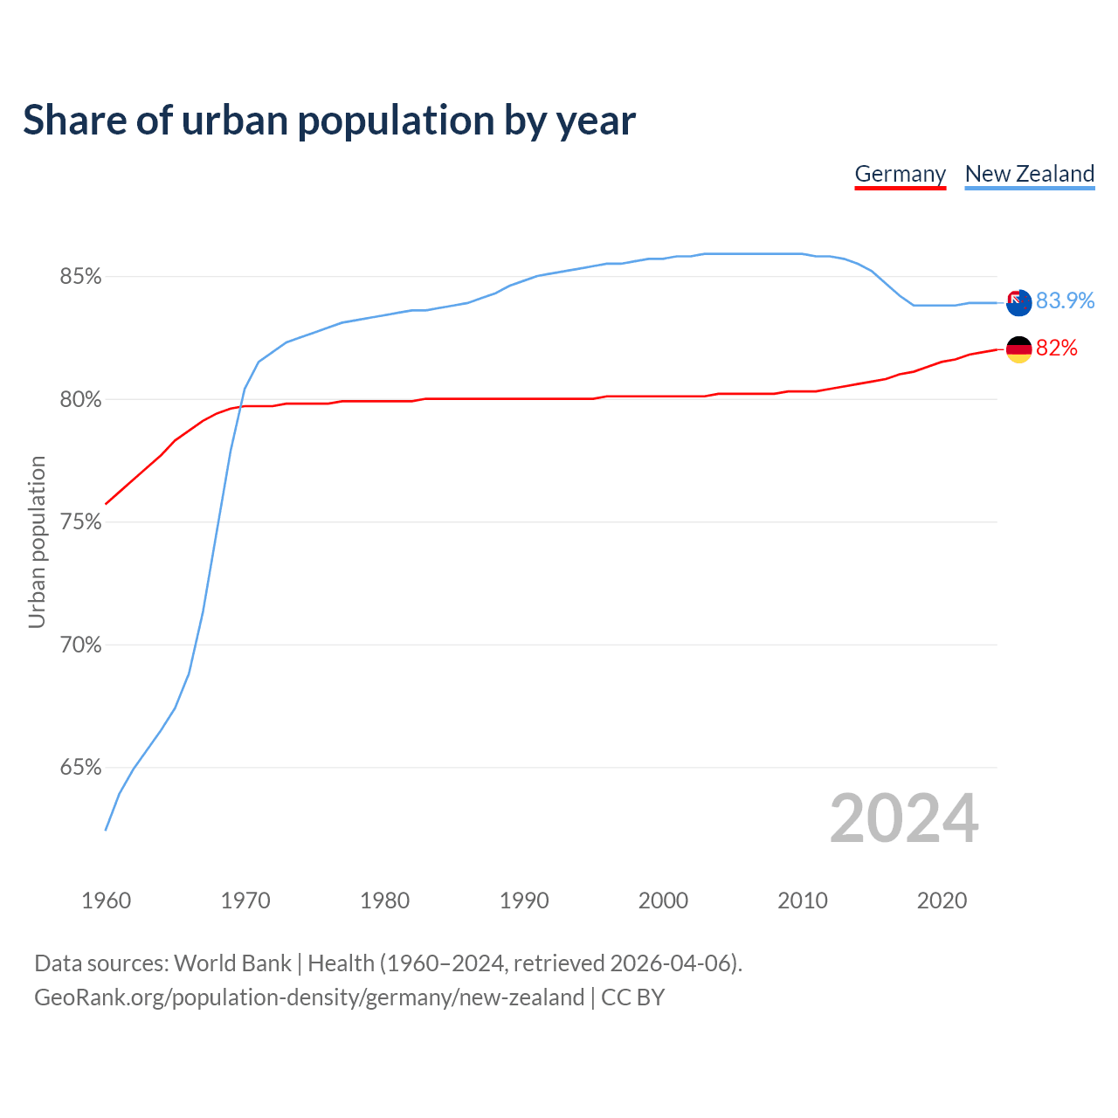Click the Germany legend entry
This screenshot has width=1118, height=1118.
coord(900,174)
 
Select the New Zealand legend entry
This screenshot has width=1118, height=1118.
coord(1029,174)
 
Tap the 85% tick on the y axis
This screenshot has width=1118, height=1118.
coord(80,277)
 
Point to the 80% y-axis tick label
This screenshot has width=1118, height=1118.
coord(80,400)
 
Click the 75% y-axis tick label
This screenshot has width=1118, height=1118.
coord(80,522)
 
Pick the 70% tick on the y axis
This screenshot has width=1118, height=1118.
coord(80,645)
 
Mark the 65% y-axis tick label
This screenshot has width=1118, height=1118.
coord(80,768)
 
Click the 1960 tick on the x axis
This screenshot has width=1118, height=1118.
coord(106,901)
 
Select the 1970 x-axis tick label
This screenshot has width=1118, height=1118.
coord(245,901)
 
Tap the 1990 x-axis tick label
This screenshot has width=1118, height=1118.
coord(524,901)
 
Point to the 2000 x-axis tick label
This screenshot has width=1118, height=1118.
coord(663,901)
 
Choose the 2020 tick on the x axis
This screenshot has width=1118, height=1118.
coord(942,901)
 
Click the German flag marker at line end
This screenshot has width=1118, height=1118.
coord(1018,349)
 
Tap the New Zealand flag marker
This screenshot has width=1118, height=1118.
coord(1018,302)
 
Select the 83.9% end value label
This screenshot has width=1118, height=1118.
coord(1065,300)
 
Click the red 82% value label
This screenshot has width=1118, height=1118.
coord(1057,349)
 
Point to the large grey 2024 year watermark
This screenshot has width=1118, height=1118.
coord(904,818)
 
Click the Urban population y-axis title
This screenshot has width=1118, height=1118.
coord(37,542)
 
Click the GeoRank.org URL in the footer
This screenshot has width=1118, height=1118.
coord(309,997)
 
